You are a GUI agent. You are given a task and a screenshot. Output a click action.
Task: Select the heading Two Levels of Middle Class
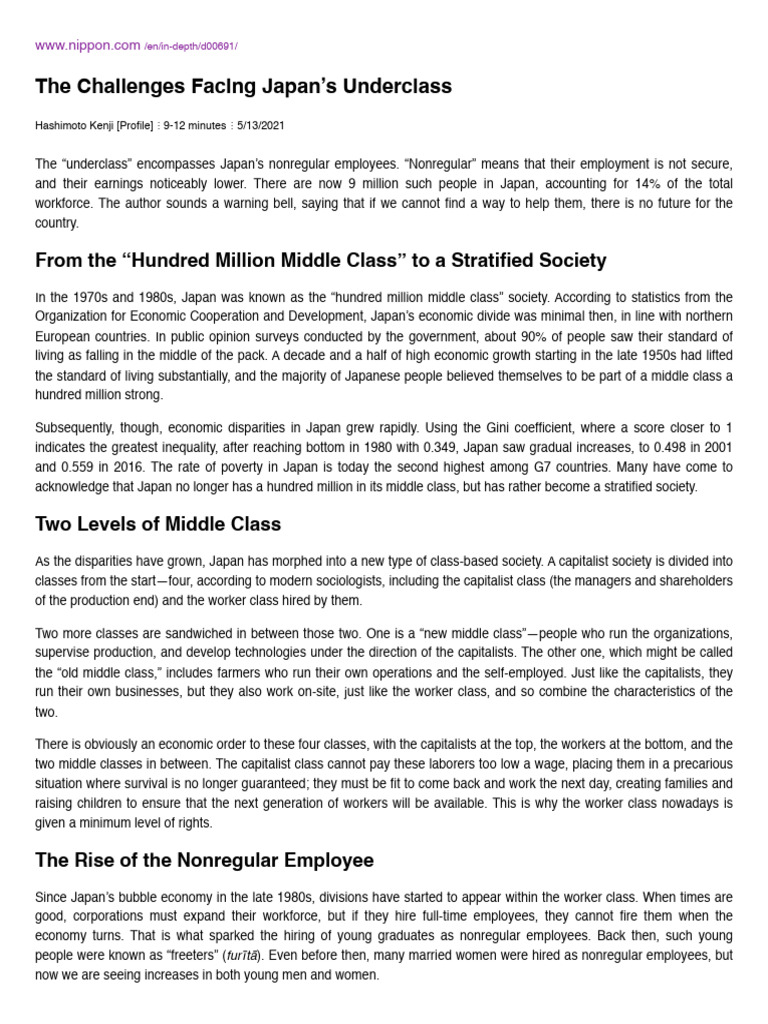[x=158, y=524]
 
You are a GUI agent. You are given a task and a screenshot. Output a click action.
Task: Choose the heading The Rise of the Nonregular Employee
[x=204, y=861]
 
